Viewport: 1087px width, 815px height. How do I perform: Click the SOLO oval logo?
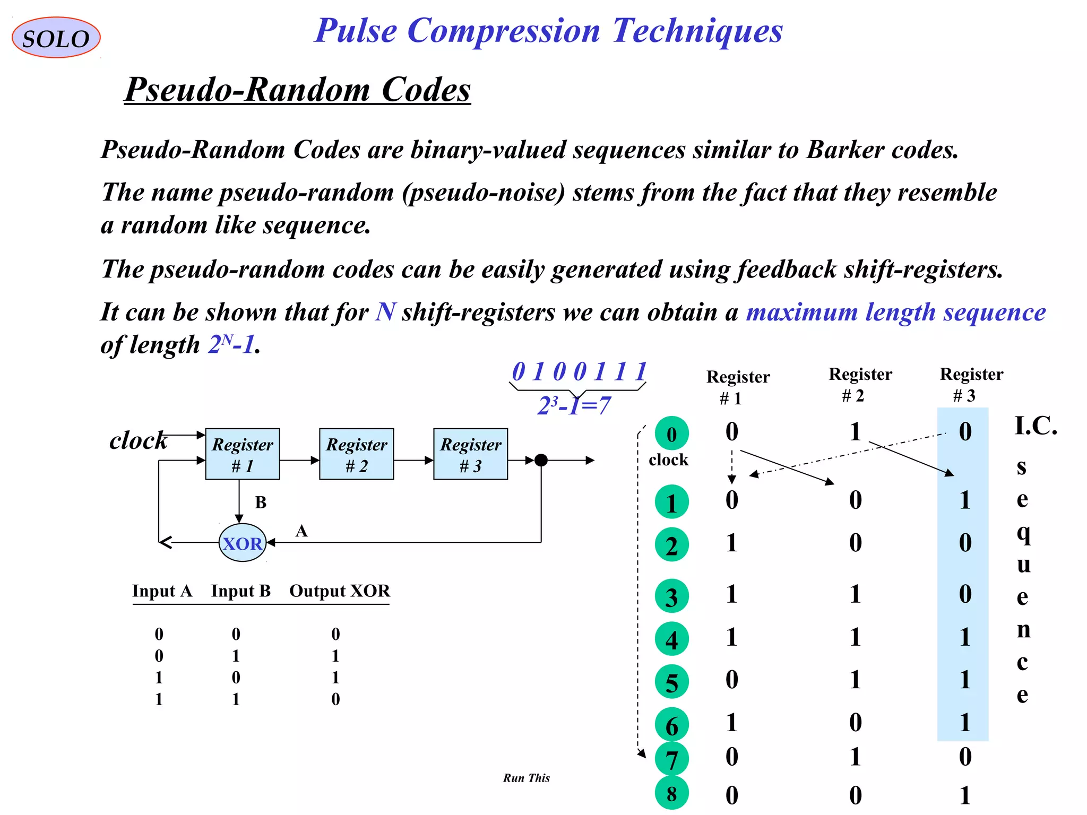56,38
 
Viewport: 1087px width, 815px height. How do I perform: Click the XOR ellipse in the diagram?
243,543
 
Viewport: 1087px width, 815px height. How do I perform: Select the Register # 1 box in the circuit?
243,454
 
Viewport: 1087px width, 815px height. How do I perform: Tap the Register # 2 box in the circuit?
357,454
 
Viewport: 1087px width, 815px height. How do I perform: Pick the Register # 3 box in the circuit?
471,454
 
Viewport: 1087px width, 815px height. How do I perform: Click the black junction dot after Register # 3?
541,460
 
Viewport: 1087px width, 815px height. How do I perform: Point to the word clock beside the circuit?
138,440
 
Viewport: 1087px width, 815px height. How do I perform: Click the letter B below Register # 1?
261,502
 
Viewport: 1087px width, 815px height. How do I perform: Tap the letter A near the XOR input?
301,531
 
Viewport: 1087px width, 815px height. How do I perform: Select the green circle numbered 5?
671,682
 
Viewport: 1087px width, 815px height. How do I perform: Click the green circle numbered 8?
671,794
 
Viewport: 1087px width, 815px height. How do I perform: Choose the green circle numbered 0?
671,433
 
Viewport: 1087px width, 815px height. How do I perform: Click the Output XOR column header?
340,591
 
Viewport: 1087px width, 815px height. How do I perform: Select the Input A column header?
162,591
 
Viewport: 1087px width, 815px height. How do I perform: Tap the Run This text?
526,778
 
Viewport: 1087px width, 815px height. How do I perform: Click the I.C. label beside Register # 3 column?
1036,426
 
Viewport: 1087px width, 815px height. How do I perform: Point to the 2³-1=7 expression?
574,406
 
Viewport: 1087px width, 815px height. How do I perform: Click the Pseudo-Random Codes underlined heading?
298,89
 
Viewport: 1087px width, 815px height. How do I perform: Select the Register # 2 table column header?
860,384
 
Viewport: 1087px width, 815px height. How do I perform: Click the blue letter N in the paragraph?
385,312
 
